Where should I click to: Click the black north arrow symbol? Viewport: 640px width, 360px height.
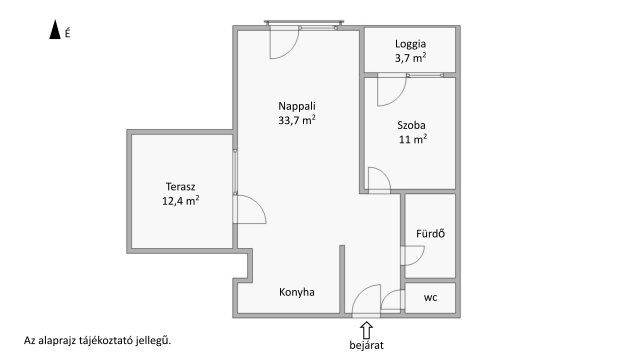[x=55, y=29]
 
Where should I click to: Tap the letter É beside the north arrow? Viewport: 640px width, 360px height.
[x=67, y=33]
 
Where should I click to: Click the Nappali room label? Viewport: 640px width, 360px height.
[x=297, y=106]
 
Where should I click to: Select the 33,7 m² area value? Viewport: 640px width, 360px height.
[x=297, y=120]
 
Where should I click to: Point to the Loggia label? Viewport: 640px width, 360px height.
[x=410, y=44]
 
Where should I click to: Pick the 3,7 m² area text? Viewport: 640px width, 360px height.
[x=410, y=58]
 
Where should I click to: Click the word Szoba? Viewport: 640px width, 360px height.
[x=411, y=125]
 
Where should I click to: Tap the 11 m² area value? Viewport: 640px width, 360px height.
[x=413, y=139]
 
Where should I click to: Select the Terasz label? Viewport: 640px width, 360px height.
[x=180, y=187]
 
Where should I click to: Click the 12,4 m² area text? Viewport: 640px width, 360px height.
[x=180, y=201]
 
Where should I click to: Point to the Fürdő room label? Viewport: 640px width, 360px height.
[x=430, y=234]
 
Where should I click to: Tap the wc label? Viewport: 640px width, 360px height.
[x=430, y=298]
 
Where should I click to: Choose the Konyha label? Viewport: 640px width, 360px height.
[x=297, y=292]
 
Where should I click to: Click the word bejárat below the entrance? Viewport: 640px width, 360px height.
[x=366, y=345]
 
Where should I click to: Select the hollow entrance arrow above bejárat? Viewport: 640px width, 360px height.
[x=366, y=330]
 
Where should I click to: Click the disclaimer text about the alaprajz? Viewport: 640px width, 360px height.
[x=98, y=340]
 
